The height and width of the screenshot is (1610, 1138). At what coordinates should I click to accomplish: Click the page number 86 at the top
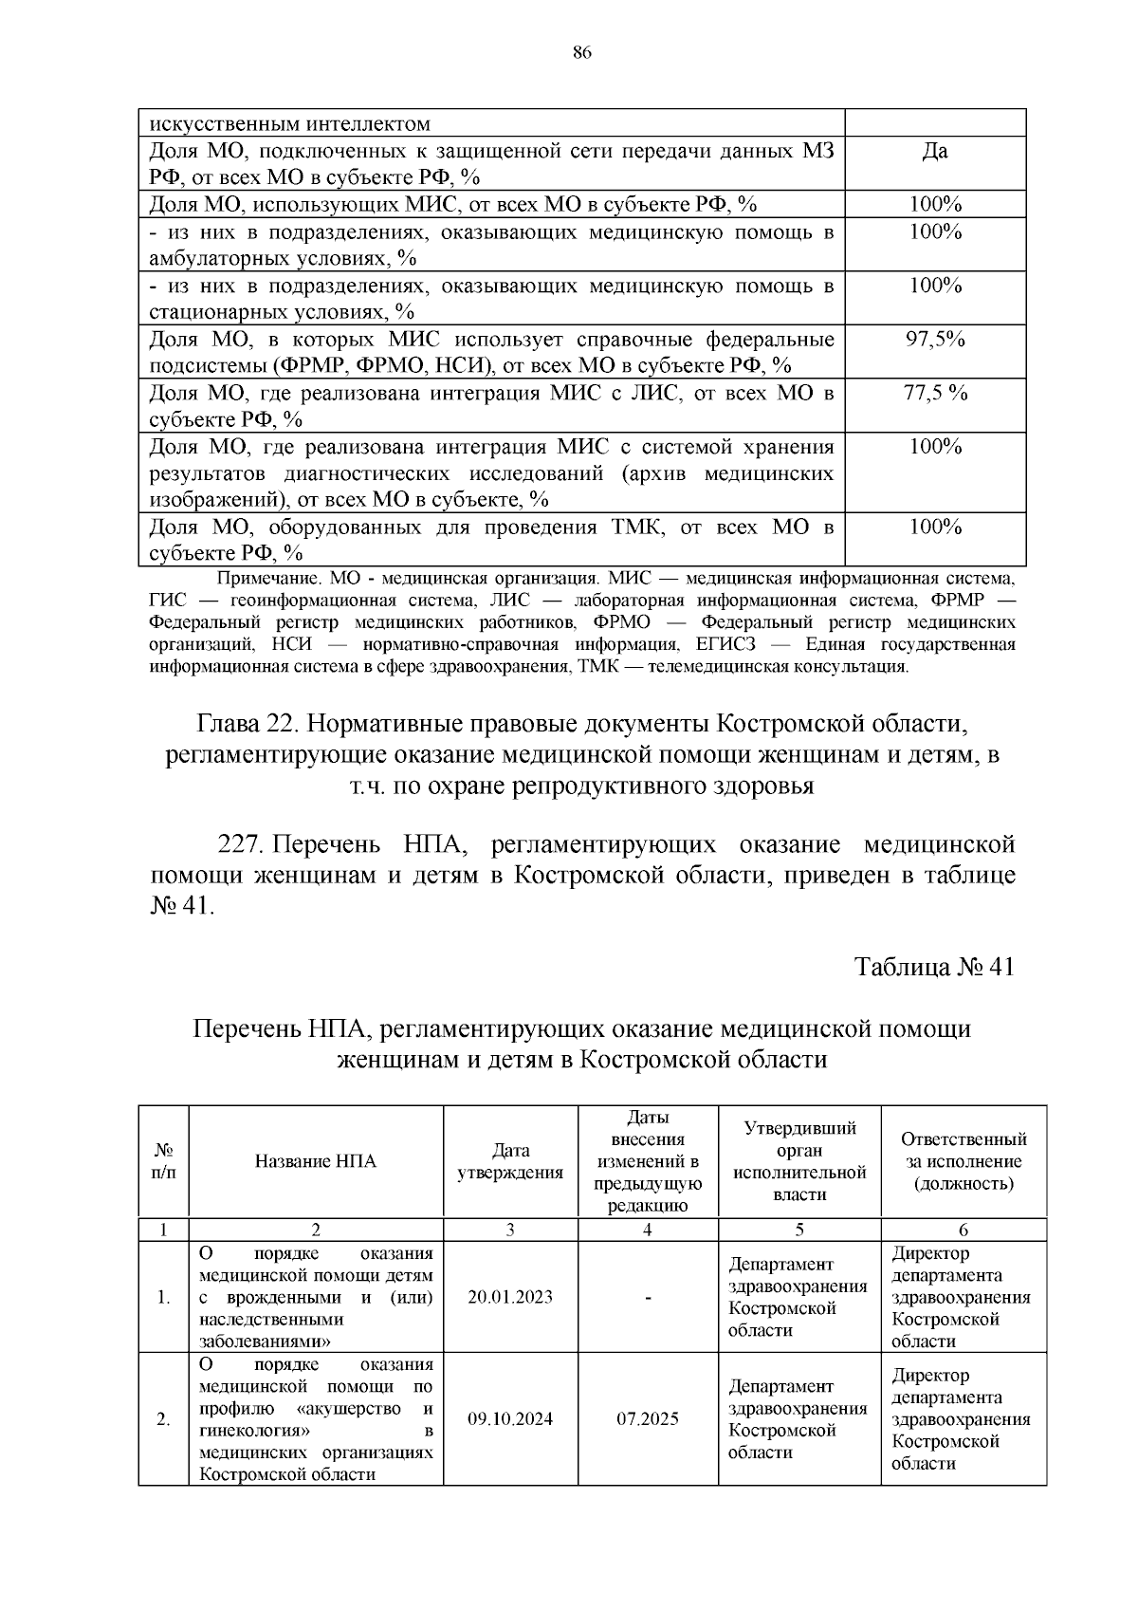[582, 53]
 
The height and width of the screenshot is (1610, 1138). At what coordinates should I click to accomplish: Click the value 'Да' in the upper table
[935, 151]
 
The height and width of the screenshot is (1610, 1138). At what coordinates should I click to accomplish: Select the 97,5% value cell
[935, 340]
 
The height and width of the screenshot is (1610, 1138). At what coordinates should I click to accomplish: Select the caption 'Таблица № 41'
[934, 967]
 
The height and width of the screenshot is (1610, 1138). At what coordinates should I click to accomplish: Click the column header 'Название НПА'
[316, 1161]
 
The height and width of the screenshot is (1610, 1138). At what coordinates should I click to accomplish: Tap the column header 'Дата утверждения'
[510, 1161]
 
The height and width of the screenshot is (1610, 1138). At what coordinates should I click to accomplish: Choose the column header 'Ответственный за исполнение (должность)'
[964, 1161]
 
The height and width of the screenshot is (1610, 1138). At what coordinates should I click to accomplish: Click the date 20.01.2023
[510, 1297]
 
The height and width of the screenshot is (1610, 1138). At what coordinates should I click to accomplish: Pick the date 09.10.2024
[510, 1419]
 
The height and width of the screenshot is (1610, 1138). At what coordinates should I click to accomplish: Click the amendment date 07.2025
[648, 1419]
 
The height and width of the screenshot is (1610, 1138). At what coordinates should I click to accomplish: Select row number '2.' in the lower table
[163, 1419]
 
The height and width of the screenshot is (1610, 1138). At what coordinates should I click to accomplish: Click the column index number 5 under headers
[799, 1230]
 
